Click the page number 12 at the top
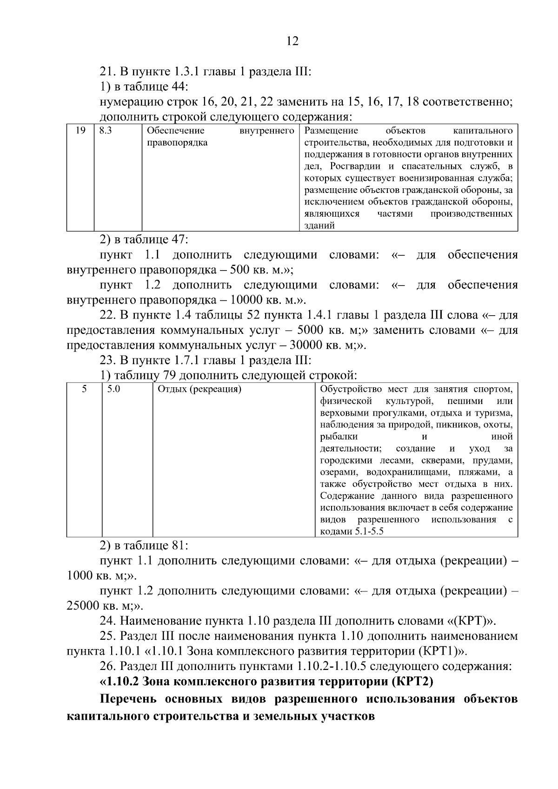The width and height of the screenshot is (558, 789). click(x=292, y=41)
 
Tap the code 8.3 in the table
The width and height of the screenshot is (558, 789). click(x=106, y=131)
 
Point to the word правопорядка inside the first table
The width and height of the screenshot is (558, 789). click(x=177, y=143)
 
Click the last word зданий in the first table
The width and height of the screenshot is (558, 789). click(x=319, y=226)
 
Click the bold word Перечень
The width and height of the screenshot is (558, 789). click(x=127, y=699)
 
